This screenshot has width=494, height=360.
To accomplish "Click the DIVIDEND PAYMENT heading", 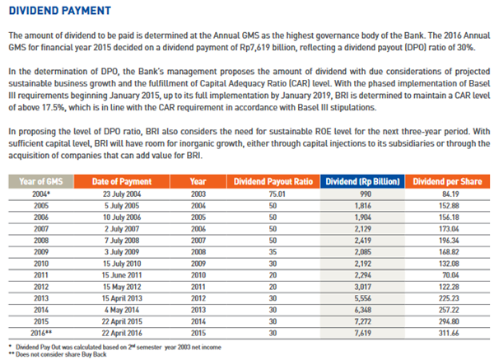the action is (60, 11).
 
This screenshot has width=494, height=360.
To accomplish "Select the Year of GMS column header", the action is (41, 181).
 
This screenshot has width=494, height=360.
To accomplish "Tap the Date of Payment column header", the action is (122, 181).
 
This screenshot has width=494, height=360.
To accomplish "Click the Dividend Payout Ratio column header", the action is (273, 181).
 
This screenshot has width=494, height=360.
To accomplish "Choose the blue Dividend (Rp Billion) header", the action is (362, 181).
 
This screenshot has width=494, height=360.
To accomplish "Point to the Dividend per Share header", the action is (447, 181).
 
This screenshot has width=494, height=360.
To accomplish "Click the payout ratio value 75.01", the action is (277, 194).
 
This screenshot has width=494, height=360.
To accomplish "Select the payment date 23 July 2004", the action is (122, 194).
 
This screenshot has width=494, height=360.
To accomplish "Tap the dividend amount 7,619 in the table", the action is (363, 333).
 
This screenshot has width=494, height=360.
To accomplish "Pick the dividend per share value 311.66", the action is (449, 333).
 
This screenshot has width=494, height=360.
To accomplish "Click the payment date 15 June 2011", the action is (122, 275).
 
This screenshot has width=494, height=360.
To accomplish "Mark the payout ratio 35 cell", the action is (273, 252).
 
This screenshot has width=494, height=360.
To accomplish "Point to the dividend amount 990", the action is (366, 194).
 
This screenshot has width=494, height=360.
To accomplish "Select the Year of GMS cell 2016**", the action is (41, 333).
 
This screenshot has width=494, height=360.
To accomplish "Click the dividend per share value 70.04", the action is (450, 275).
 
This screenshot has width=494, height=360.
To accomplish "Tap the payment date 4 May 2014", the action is (122, 310).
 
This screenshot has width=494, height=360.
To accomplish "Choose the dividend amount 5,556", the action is (363, 298).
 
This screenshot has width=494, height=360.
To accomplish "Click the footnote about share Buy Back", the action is (58, 354).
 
